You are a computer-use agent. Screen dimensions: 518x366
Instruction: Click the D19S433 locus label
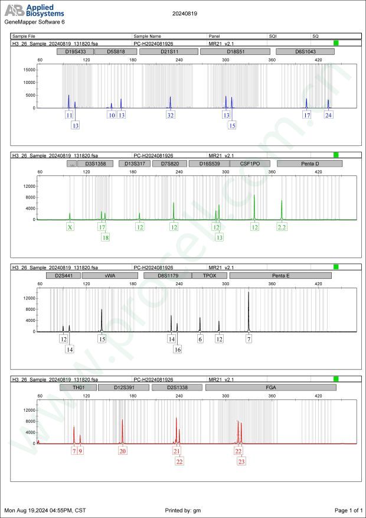coord(75,51)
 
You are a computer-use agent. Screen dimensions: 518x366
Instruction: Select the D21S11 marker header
coord(169,51)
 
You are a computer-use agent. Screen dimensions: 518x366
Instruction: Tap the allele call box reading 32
coord(171,115)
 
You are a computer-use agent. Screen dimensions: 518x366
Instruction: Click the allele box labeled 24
coord(329,115)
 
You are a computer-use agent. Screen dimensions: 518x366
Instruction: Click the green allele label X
coord(70,227)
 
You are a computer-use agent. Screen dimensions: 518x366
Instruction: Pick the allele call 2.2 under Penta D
coord(282,227)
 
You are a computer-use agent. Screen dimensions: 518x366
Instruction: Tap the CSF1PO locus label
coord(249,164)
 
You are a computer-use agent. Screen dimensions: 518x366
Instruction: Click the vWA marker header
coord(110,275)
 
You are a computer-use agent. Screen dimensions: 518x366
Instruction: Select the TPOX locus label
coord(210,275)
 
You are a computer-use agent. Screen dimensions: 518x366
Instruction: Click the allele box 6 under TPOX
coord(200,339)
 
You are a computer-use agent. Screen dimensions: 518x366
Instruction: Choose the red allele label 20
coord(122,451)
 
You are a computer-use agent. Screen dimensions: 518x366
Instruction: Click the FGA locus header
coord(271,387)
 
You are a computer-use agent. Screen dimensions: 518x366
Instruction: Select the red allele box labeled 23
coord(241,461)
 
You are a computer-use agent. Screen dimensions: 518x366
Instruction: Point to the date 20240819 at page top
coord(185,12)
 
